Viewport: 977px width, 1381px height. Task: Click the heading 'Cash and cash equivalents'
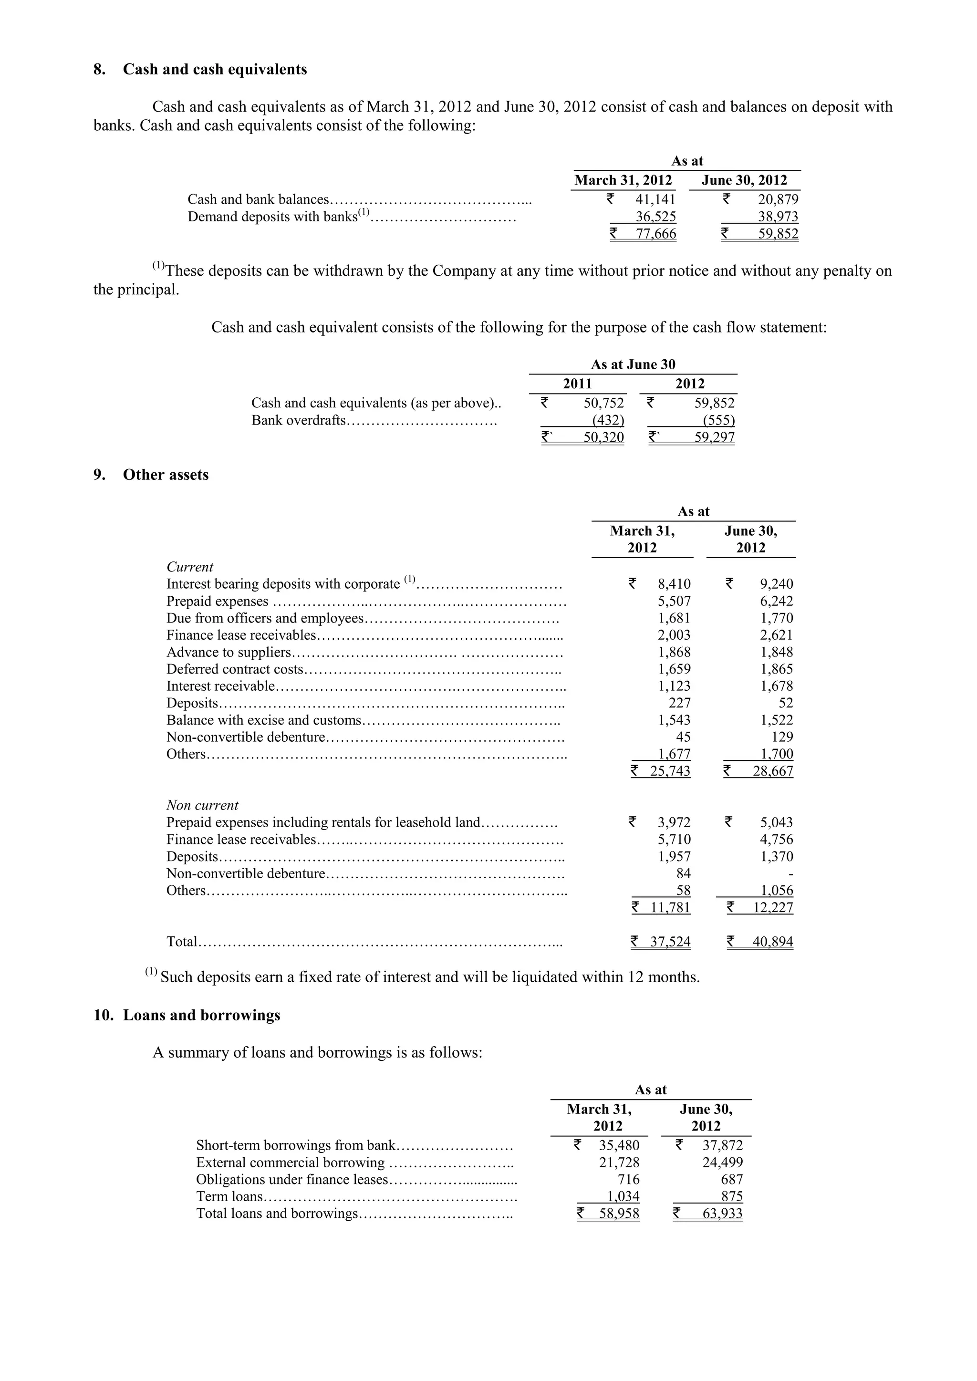click(215, 70)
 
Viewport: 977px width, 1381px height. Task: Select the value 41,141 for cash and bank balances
click(656, 200)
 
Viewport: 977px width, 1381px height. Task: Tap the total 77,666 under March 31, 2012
click(656, 234)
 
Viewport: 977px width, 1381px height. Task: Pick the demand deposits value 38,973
click(778, 217)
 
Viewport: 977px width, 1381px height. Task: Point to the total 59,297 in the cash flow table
click(714, 437)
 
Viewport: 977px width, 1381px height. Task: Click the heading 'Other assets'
click(166, 475)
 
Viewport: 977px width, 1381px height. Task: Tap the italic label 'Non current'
click(202, 805)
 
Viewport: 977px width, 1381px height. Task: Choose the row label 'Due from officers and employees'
click(265, 618)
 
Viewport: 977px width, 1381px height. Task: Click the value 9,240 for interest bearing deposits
click(776, 584)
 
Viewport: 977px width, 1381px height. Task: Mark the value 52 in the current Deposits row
click(785, 703)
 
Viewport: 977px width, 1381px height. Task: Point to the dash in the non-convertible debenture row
click(790, 874)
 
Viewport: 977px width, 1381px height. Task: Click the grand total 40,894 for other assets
click(772, 942)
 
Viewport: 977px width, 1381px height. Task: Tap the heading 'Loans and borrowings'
click(201, 1015)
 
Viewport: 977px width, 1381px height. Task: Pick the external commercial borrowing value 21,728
click(619, 1163)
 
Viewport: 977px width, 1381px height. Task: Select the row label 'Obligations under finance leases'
click(292, 1180)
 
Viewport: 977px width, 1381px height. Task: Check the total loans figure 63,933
click(723, 1214)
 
